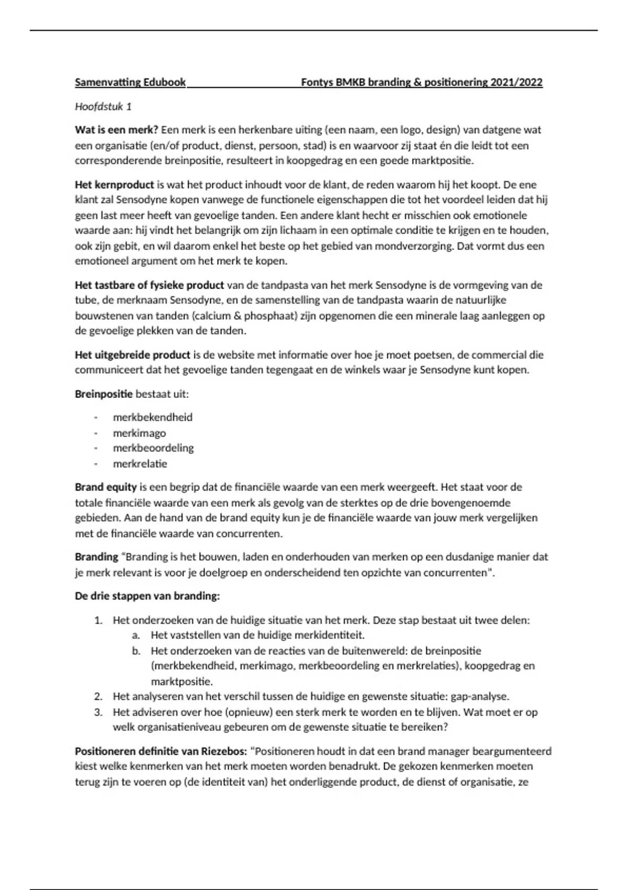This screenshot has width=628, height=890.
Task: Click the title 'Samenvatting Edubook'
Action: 130,82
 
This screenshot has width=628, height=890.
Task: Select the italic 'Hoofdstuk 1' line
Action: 103,107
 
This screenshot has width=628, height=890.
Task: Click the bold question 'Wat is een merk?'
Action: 116,130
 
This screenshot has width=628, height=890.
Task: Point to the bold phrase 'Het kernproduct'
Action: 114,185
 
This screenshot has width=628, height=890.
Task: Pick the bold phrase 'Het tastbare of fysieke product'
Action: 149,285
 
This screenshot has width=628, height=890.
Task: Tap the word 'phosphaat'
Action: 265,316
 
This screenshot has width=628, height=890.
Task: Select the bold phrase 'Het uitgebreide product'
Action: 132,355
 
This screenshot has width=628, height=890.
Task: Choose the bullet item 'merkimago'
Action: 139,433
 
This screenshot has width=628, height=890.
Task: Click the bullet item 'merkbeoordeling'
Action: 153,448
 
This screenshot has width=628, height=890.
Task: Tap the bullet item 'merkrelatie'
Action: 140,464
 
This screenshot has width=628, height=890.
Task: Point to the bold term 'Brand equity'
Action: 106,487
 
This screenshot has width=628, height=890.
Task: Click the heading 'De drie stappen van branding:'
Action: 147,596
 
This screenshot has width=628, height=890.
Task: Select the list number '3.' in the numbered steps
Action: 98,712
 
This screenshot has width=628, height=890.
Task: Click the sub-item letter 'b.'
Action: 136,651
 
